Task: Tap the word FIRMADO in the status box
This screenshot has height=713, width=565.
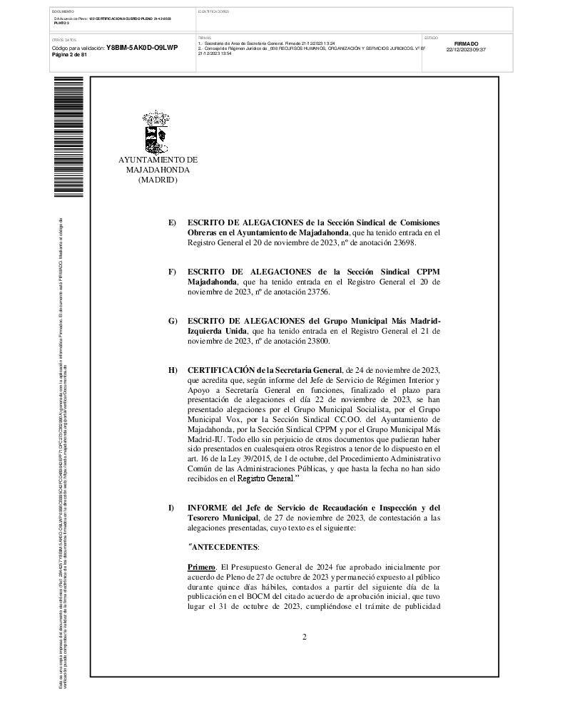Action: tap(466, 43)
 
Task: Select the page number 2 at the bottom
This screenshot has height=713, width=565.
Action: tap(304, 637)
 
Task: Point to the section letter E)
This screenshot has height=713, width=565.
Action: tap(172, 223)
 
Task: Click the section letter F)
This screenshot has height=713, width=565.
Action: tap(172, 272)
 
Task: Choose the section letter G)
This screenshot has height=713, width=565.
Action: tap(172, 321)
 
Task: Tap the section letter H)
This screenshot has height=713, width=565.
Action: tap(172, 370)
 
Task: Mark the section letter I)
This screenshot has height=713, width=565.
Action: tap(171, 507)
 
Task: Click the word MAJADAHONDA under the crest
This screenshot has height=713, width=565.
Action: tap(158, 170)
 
